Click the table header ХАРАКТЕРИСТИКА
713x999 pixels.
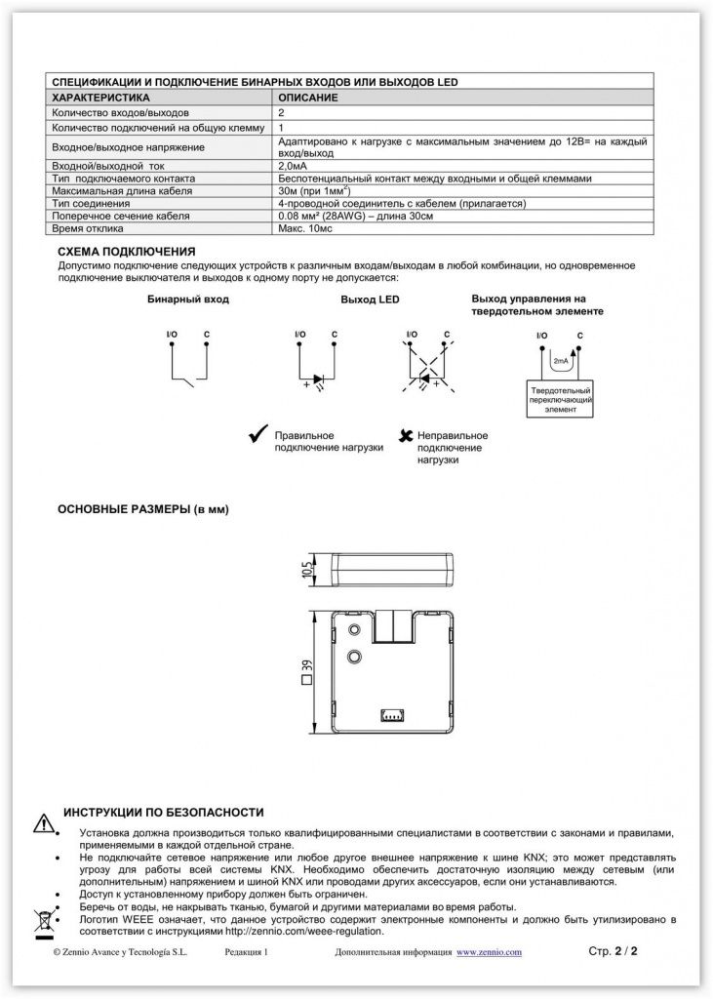click(99, 99)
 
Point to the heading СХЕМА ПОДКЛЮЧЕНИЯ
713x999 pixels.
click(127, 251)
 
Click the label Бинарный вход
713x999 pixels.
click(188, 300)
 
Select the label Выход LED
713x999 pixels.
click(370, 300)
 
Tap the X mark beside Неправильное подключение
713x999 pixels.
click(404, 435)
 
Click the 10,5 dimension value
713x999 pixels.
click(306, 567)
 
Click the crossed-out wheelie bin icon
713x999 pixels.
click(43, 918)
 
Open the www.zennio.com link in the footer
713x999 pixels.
click(490, 951)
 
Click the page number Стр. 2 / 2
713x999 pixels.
click(613, 950)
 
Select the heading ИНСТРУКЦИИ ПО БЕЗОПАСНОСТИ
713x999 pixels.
click(163, 812)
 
